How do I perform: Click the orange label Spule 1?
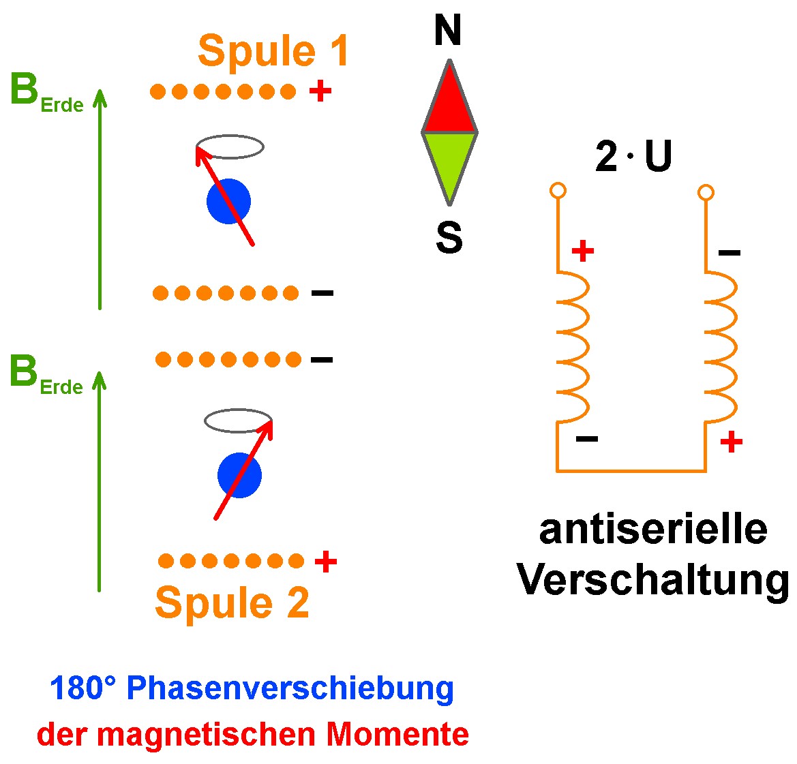273,51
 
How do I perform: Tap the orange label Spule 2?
232,602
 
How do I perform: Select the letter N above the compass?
448,31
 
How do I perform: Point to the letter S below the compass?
449,237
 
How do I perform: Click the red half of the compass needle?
449,102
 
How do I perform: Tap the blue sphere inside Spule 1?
228,201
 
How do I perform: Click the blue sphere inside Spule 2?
239,475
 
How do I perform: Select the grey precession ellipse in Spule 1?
230,147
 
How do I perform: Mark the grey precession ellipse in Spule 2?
238,421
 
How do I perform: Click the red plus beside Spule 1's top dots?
320,91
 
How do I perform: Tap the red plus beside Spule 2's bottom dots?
326,562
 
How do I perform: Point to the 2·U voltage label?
633,157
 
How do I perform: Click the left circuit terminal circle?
558,190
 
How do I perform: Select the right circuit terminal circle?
706,193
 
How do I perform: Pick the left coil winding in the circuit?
572,346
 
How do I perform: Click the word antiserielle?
652,530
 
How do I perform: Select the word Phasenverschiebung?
290,688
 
